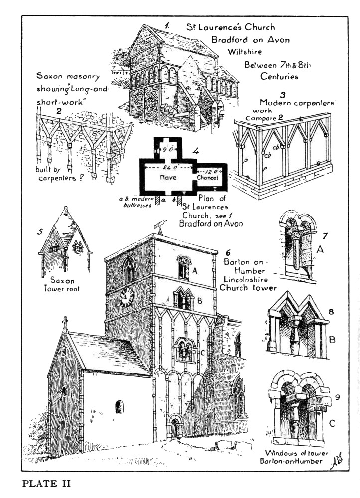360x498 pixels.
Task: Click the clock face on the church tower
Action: pos(126,298)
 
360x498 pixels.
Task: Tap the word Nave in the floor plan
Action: pos(168,177)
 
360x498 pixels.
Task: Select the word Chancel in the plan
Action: pos(209,178)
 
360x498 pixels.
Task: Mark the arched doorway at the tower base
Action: pos(175,427)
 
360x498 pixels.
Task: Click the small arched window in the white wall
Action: pos(120,407)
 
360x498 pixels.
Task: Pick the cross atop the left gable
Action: pos(65,322)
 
